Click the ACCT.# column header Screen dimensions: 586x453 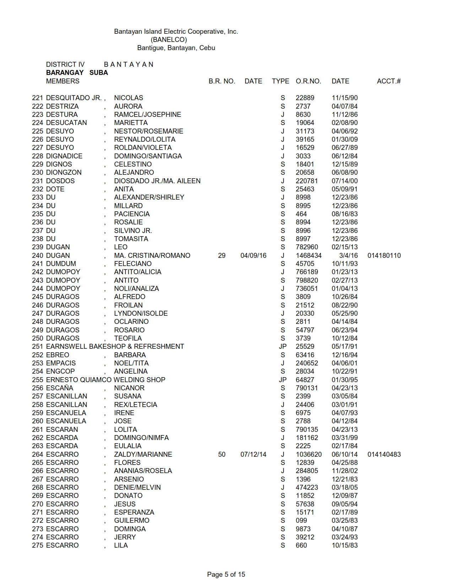click(x=388, y=81)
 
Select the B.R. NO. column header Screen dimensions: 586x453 click(x=222, y=81)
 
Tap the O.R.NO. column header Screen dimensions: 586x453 click(x=308, y=81)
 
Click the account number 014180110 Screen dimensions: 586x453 click(x=384, y=256)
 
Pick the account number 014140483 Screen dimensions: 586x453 click(x=384, y=455)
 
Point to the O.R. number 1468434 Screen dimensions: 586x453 click(x=308, y=256)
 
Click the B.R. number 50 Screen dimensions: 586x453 click(x=222, y=455)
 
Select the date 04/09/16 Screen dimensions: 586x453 click(x=253, y=256)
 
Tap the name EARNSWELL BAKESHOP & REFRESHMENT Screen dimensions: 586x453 click(x=115, y=347)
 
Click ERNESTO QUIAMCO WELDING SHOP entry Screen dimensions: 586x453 click(x=106, y=380)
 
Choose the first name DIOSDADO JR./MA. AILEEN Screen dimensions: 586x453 click(x=157, y=181)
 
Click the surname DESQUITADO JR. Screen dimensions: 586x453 click(x=74, y=98)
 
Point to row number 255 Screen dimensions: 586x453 click(x=37, y=380)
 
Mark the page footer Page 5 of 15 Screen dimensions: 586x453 click(x=226, y=574)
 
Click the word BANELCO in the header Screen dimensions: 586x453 click(x=169, y=40)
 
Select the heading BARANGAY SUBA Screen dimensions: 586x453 click(x=77, y=73)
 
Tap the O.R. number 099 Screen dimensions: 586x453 click(x=301, y=521)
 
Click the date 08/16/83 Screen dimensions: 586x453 click(x=344, y=214)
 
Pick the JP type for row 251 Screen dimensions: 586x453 click(x=282, y=347)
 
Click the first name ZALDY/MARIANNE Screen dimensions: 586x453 click(x=143, y=455)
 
